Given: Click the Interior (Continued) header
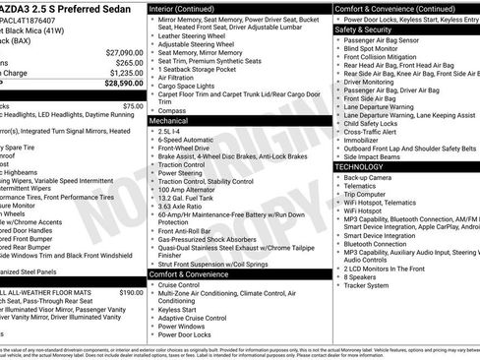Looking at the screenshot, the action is pos(189,8).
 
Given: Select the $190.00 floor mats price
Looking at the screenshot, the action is pos(131,293).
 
